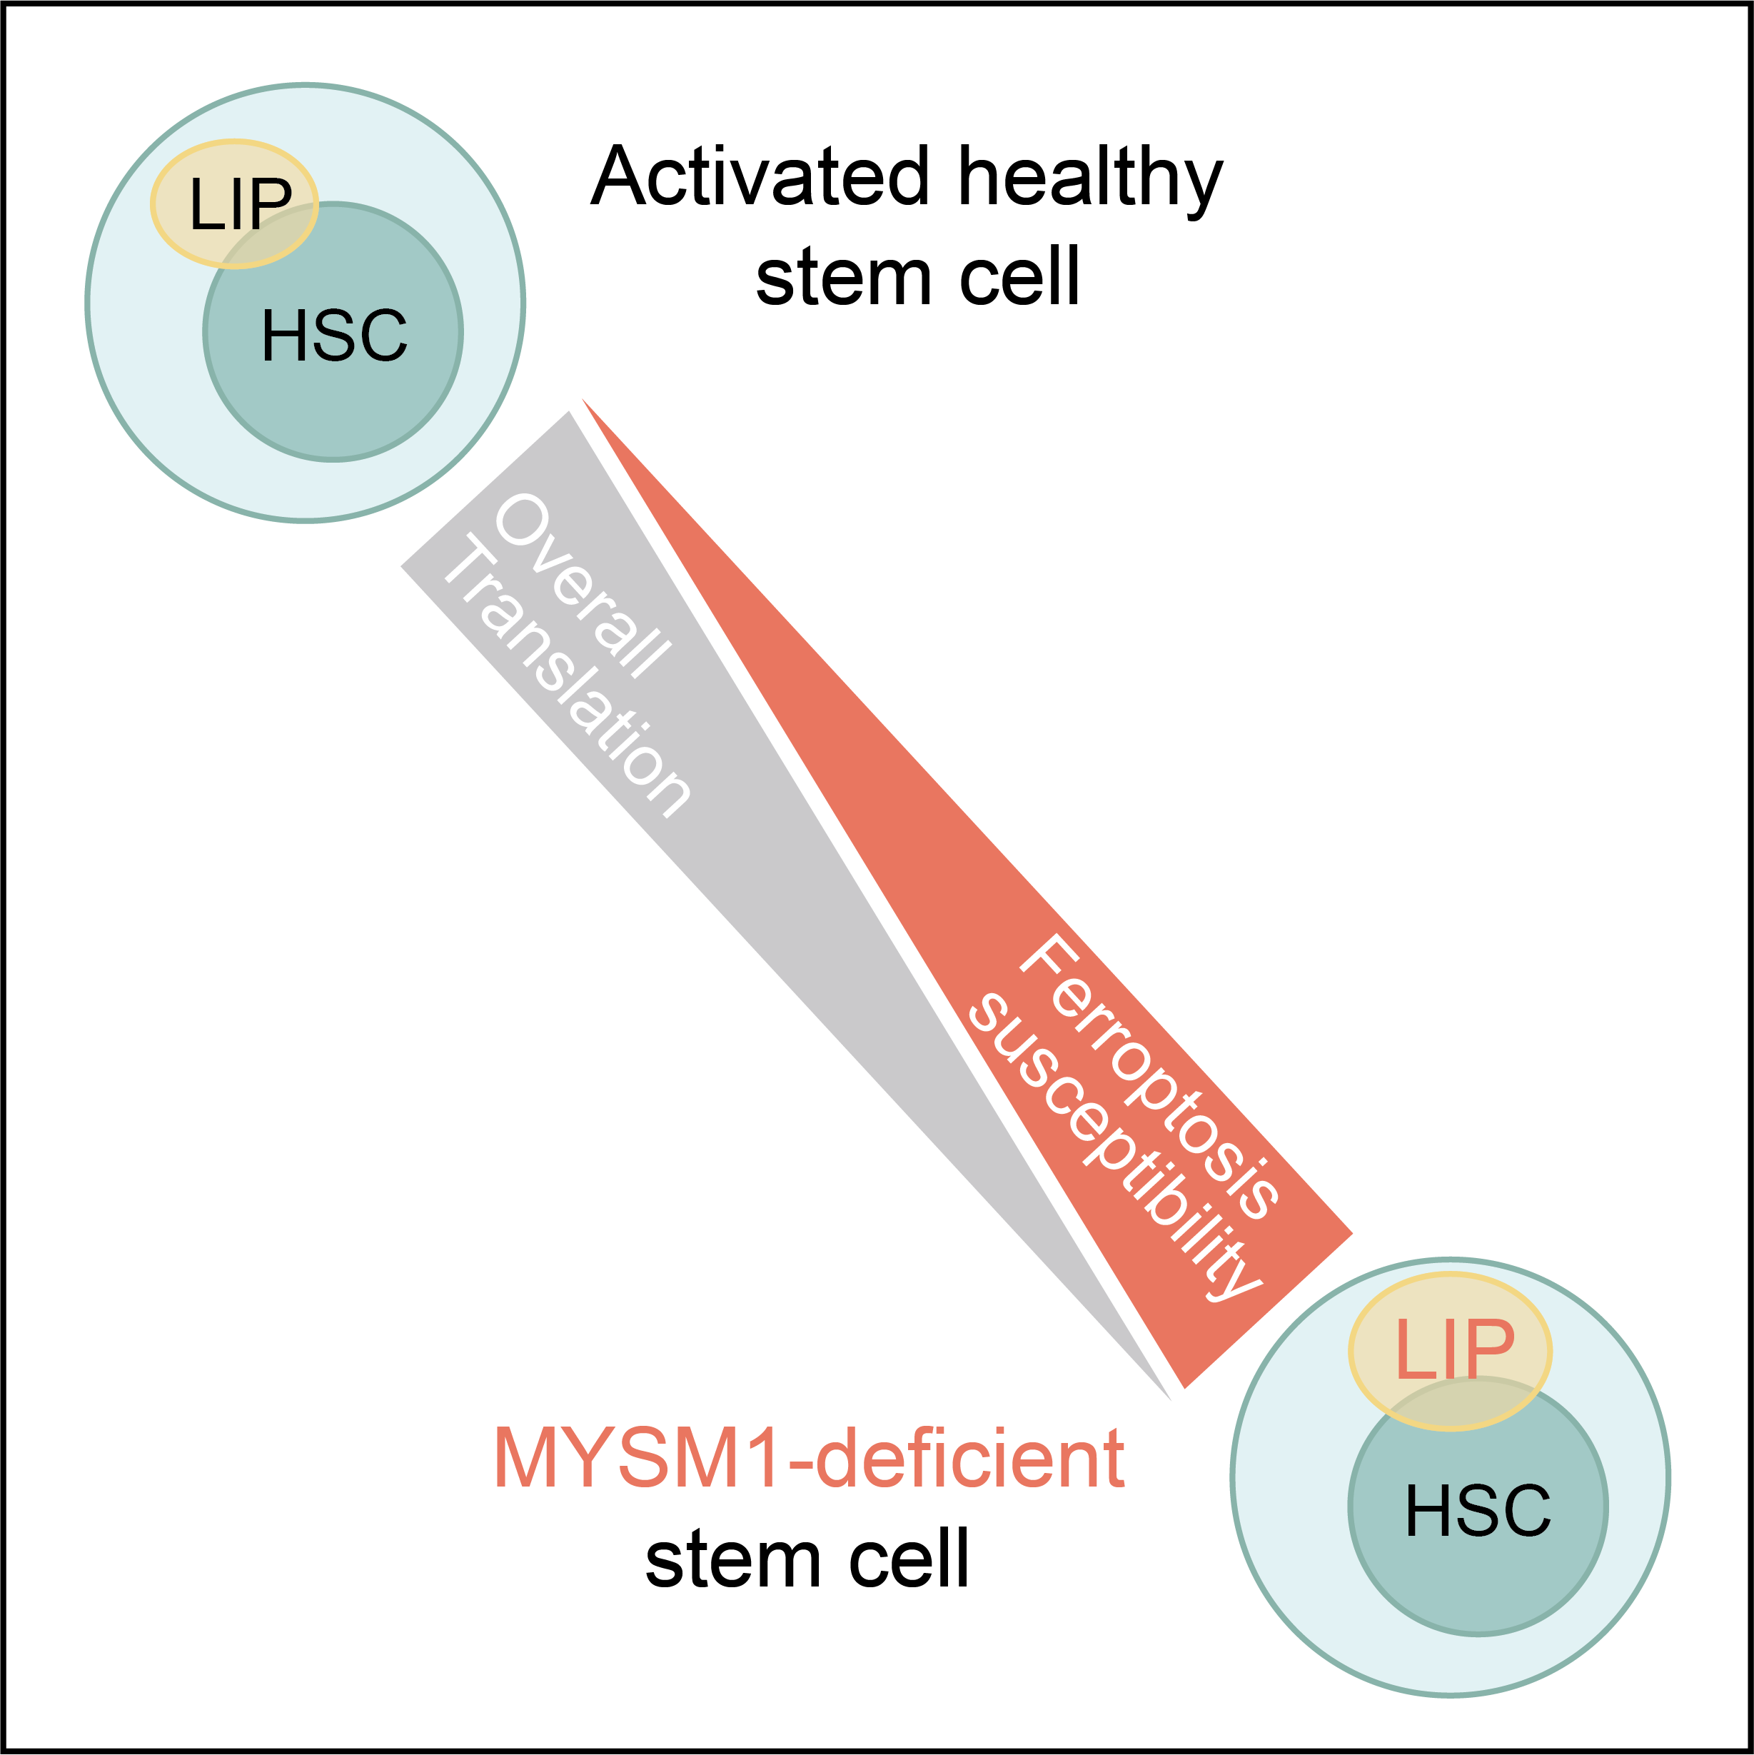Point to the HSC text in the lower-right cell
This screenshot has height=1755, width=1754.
click(x=1478, y=1511)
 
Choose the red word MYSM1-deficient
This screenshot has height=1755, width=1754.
click(x=808, y=1458)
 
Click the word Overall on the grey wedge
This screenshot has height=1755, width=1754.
click(x=581, y=586)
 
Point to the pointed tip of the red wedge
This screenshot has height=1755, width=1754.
click(x=583, y=400)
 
